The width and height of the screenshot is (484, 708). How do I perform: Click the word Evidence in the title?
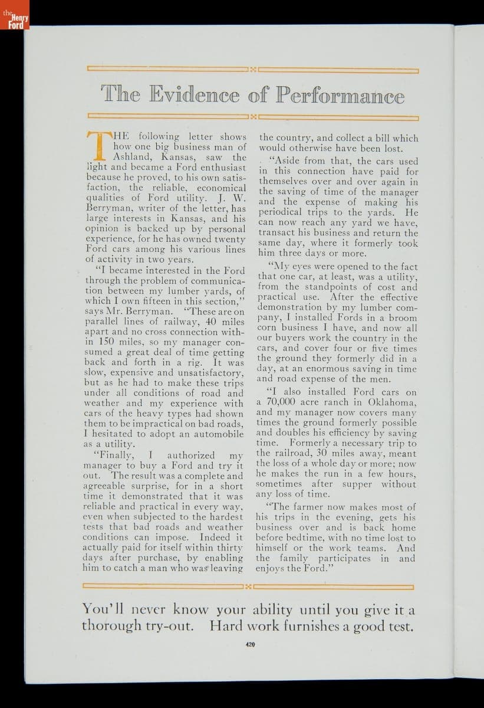pyautogui.click(x=195, y=94)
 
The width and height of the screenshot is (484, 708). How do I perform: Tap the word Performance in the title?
pyautogui.click(x=340, y=95)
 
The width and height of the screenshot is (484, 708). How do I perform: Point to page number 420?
pyautogui.click(x=249, y=645)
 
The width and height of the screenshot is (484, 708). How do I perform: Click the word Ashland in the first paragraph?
pyautogui.click(x=132, y=158)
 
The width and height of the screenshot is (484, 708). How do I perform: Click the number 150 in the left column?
pyautogui.click(x=106, y=342)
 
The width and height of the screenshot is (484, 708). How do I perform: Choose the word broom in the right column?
pyautogui.click(x=404, y=318)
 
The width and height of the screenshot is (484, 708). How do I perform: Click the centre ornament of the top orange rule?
pyautogui.click(x=252, y=70)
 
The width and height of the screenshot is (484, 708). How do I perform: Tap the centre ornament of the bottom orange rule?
pyautogui.click(x=249, y=586)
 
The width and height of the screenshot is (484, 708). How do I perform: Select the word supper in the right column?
pyautogui.click(x=357, y=484)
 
